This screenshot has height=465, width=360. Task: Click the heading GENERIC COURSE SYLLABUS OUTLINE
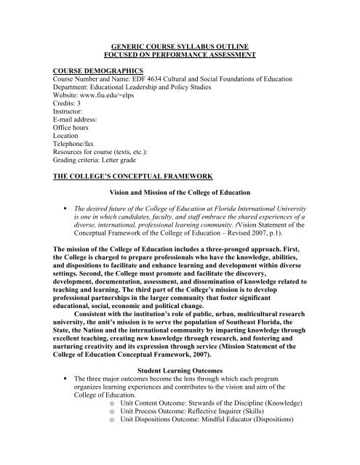180,45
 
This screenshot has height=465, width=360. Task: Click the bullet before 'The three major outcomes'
66,405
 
